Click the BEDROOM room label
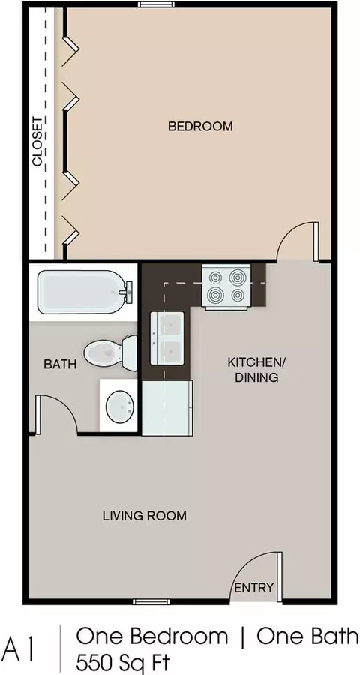200,127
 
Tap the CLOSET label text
38,142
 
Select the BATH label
60,364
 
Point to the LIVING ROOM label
145,516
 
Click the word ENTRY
253,587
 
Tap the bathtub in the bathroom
85,292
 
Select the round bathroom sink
119,406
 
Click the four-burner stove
226,286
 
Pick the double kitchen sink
167,339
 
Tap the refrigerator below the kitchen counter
167,408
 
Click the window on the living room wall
151,601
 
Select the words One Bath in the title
307,637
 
